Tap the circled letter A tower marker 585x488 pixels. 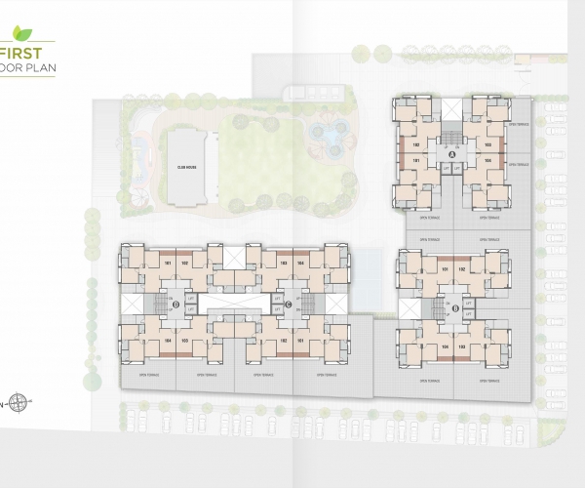(451, 154)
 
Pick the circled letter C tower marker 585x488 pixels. (288, 305)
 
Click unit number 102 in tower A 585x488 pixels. (416, 144)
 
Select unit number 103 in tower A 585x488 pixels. (487, 144)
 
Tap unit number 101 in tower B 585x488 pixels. (444, 269)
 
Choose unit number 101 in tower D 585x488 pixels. (168, 263)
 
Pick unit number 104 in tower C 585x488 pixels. (300, 263)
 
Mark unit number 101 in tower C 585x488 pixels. (300, 340)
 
